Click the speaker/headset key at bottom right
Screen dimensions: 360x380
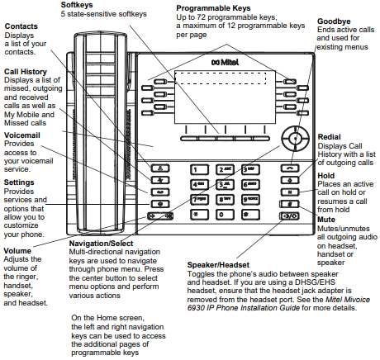pos(289,216)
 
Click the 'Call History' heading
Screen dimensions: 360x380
pos(24,70)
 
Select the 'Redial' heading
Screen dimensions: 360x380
pos(331,135)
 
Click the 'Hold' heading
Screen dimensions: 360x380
pos(327,176)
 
